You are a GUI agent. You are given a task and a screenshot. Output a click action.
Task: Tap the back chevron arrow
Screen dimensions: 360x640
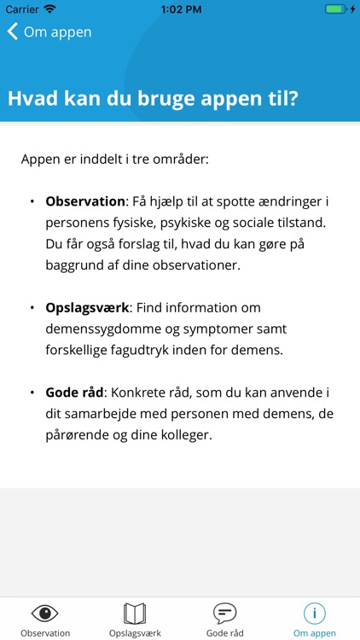13,32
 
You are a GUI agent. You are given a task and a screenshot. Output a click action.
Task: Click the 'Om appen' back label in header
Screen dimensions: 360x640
57,32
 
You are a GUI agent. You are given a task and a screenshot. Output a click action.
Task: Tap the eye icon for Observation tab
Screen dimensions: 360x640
45,613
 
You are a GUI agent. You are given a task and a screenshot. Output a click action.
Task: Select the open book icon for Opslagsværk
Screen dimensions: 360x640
135,613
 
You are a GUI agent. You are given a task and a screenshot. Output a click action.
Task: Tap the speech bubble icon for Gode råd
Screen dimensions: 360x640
224,613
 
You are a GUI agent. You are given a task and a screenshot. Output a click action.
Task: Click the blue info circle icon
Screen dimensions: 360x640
314,613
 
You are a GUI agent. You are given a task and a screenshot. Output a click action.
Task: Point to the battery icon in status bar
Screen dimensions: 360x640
337,9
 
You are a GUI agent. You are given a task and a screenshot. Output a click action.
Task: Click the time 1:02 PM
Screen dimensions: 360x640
180,9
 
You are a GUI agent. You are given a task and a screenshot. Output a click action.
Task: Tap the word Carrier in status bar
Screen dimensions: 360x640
22,9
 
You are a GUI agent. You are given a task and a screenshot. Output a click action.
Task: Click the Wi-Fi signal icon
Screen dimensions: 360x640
49,9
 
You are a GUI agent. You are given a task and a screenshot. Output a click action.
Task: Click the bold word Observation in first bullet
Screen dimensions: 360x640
85,201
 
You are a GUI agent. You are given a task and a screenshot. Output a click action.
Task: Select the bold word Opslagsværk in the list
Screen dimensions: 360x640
86,307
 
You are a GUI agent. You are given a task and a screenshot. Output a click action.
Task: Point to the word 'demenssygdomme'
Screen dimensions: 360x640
99,329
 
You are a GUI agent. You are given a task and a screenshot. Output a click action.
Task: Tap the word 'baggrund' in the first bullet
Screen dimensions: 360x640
78,265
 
